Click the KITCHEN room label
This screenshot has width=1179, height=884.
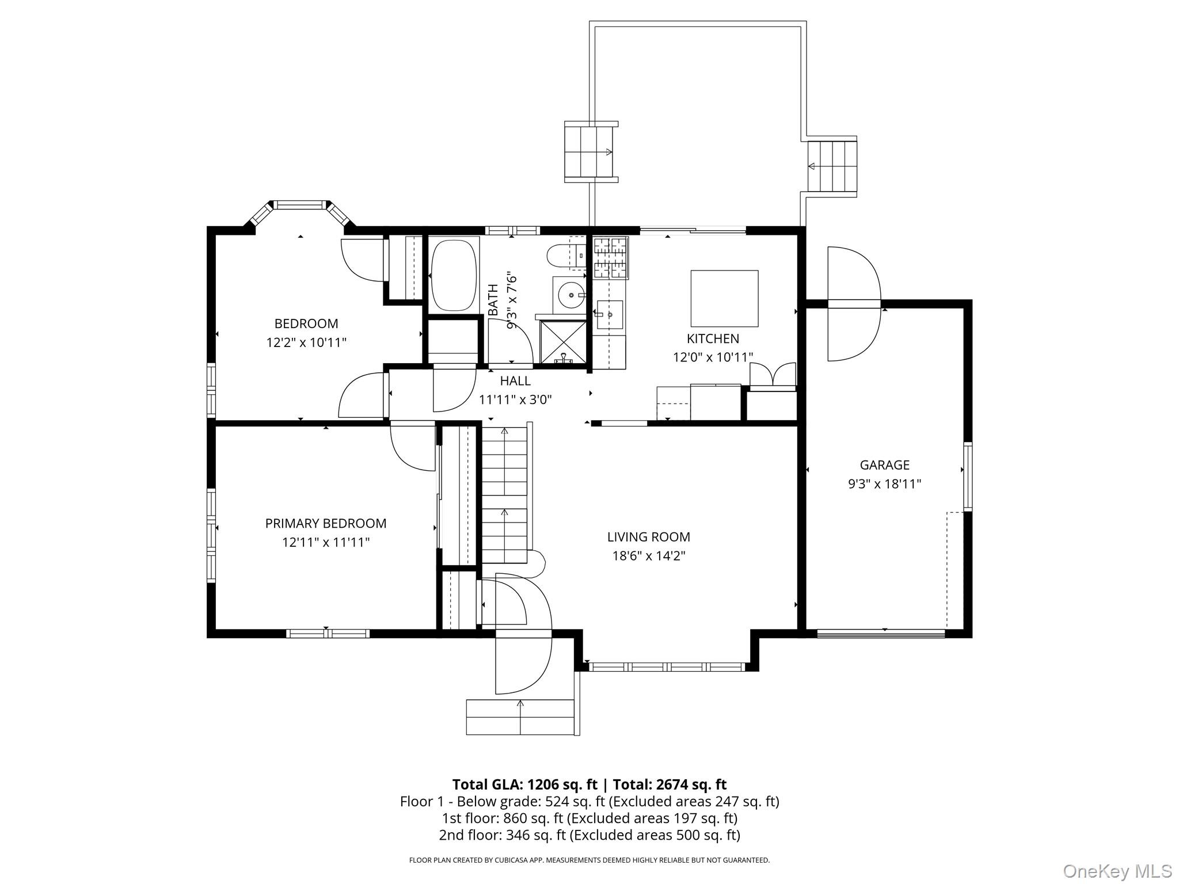pos(713,338)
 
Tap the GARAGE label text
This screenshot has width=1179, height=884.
pos(884,465)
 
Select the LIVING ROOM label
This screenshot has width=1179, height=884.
pos(648,537)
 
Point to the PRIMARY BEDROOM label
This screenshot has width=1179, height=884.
pos(325,524)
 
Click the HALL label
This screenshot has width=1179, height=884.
pos(515,381)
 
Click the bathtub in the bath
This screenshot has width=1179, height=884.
pos(454,275)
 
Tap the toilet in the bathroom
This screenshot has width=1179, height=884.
pos(561,256)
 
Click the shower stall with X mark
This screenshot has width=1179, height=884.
pos(562,342)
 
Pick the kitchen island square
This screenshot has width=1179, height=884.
pos(724,299)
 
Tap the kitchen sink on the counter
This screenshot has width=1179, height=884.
pos(610,315)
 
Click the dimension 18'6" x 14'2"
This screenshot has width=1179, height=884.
pos(648,556)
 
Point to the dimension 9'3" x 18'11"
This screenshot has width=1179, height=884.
pos(884,484)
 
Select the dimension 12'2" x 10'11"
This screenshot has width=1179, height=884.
pos(306,343)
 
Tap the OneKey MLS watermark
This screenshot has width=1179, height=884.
pos(1117,871)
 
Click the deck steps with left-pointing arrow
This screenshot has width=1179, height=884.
pos(832,166)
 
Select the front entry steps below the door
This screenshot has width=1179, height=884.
pos(520,717)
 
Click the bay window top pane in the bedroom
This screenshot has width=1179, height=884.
pos(299,204)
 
